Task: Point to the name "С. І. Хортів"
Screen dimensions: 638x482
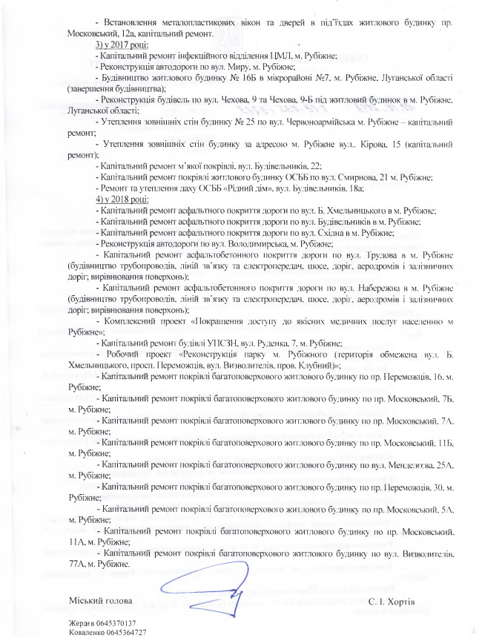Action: pos(392,599)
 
